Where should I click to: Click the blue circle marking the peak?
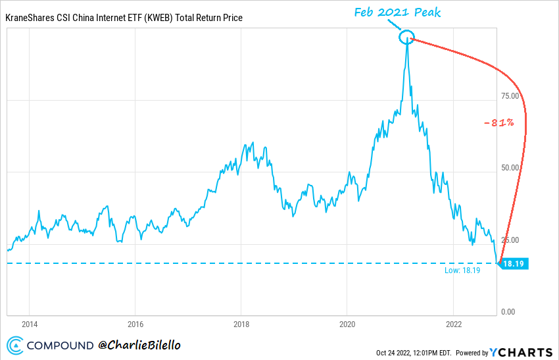407,38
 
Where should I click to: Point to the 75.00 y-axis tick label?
510,95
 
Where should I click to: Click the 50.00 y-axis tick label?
510,168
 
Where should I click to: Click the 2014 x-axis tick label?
30,324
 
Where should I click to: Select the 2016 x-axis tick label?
135,324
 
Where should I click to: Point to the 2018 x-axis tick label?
241,324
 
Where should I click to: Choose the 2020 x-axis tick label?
347,324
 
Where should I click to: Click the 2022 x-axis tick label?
453,324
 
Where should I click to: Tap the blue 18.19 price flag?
515,263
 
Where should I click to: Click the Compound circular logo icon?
16,345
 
